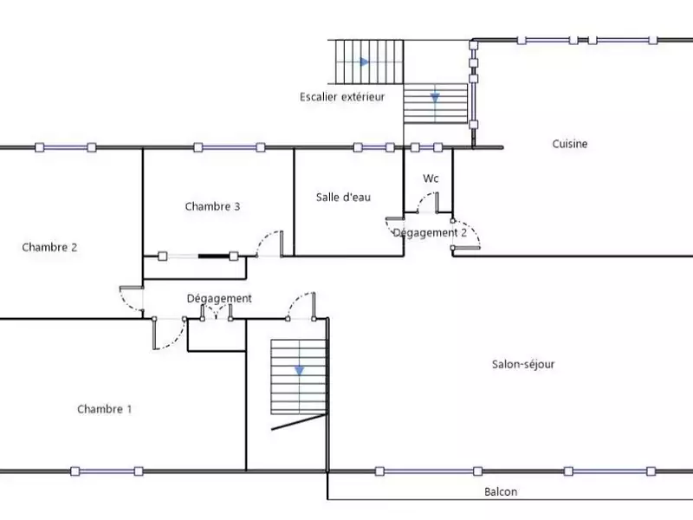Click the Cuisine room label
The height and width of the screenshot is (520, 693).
[x=570, y=144]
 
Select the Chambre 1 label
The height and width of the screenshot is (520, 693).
[x=104, y=409]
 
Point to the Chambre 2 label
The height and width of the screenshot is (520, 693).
[x=49, y=247]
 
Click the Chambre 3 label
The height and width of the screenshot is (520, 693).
[x=212, y=206]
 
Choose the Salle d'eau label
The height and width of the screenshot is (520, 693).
[x=343, y=197]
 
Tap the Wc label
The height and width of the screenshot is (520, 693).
[x=431, y=179]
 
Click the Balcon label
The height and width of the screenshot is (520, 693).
[x=501, y=491]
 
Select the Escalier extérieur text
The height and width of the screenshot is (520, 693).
[x=341, y=97]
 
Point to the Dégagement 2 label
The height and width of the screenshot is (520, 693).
[x=430, y=232]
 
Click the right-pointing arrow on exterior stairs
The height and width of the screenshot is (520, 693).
[x=365, y=62]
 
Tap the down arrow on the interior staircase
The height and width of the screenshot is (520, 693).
[x=299, y=370]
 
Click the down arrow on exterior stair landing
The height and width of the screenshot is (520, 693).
[x=435, y=97]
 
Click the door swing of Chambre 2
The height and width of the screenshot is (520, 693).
[x=131, y=301]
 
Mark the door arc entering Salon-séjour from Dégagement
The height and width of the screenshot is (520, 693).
[x=302, y=304]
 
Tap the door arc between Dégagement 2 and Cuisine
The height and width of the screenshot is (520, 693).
[x=465, y=235]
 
